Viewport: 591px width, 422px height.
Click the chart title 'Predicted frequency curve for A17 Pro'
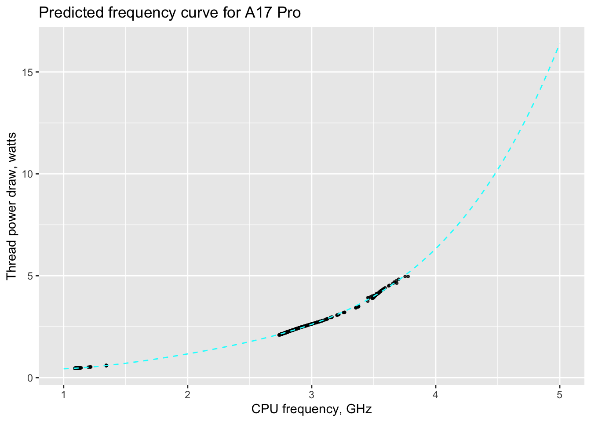tap(170, 13)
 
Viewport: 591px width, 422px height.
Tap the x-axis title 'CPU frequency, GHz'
tap(311, 409)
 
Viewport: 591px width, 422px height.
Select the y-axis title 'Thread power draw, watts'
tap(12, 206)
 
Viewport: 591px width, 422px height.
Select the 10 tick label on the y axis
tap(28, 174)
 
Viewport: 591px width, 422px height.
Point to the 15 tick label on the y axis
tap(28, 72)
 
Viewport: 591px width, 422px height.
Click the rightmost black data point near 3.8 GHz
tap(408, 276)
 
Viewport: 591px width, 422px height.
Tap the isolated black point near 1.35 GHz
tap(106, 365)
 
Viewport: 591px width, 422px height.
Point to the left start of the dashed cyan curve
tap(64, 369)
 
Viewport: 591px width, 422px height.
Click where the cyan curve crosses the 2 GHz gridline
tap(188, 354)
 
